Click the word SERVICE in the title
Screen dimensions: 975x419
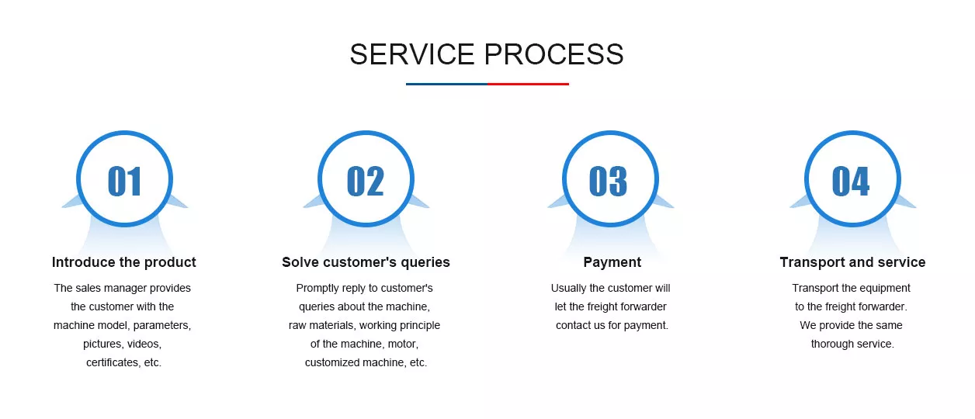pyautogui.click(x=411, y=54)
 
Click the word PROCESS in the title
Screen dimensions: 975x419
pyautogui.click(x=554, y=54)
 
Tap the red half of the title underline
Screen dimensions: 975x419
pyautogui.click(x=528, y=84)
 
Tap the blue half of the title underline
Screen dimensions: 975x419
pyautogui.click(x=446, y=84)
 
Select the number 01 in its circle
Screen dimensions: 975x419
pyautogui.click(x=124, y=181)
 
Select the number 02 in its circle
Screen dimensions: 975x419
pyautogui.click(x=366, y=181)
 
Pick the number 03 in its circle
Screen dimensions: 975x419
pyautogui.click(x=608, y=181)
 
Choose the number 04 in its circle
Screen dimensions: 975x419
pyautogui.click(x=851, y=181)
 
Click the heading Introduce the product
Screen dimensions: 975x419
pyautogui.click(x=124, y=262)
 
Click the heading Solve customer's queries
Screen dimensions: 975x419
pyautogui.click(x=366, y=262)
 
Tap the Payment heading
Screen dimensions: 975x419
pyautogui.click(x=612, y=262)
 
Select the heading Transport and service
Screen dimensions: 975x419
pyautogui.click(x=852, y=262)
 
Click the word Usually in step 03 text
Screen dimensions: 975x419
pyautogui.click(x=568, y=289)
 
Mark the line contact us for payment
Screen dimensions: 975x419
pyautogui.click(x=612, y=325)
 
